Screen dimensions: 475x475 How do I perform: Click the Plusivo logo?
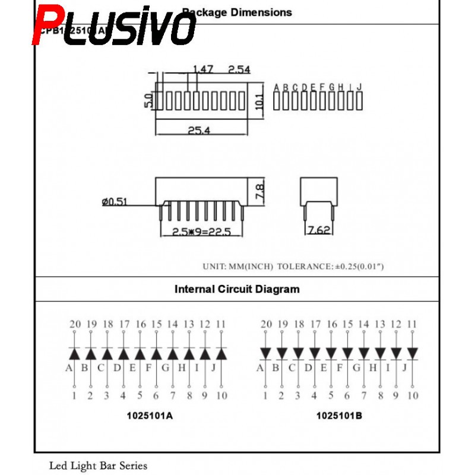click(114, 26)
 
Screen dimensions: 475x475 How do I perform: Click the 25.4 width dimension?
click(199, 131)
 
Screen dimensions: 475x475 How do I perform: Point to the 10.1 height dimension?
click(258, 102)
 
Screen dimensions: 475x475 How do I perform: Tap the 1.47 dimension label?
click(202, 69)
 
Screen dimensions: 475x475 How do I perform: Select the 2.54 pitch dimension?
click(239, 69)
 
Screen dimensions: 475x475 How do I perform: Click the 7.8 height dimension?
click(259, 191)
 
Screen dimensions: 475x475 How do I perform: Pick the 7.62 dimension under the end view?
click(319, 230)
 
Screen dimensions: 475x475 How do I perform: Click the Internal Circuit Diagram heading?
click(237, 290)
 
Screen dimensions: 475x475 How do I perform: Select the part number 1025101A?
click(150, 415)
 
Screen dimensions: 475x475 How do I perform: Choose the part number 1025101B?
click(338, 415)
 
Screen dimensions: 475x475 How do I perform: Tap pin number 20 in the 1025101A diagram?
click(75, 324)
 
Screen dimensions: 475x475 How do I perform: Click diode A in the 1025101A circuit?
click(75, 353)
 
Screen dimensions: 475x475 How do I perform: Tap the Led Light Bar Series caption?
click(98, 465)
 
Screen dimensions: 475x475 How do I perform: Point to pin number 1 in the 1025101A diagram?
click(75, 395)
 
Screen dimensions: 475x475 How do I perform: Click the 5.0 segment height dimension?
click(148, 101)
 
